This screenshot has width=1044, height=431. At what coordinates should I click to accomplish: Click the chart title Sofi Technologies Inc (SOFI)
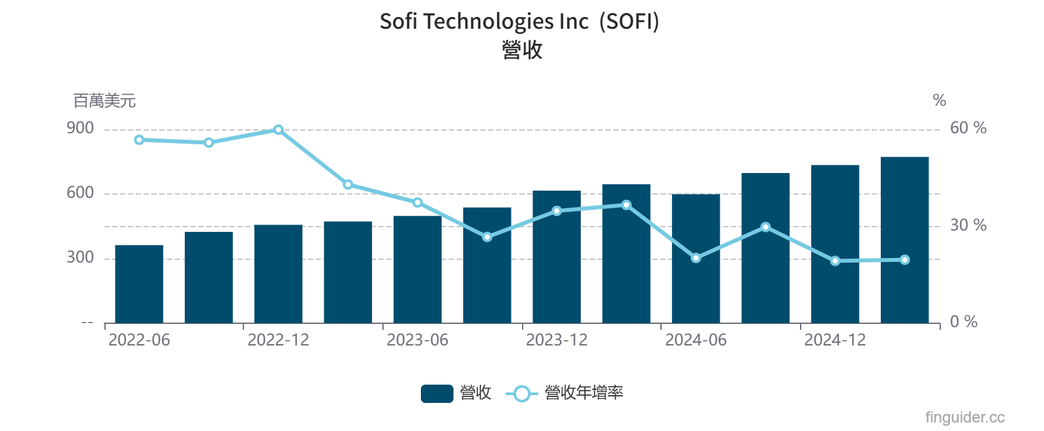(519, 22)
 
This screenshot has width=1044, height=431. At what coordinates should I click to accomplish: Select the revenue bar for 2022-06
(139, 284)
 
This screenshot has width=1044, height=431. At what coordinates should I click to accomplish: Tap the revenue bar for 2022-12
(279, 274)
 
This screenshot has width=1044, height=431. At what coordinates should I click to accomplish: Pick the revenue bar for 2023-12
(557, 257)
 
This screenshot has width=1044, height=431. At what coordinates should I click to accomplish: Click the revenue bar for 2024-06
(696, 259)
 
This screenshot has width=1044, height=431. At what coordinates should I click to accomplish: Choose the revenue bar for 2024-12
(835, 244)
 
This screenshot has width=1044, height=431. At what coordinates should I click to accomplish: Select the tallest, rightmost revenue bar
(904, 240)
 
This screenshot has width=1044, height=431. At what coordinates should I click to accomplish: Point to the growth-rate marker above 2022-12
(279, 130)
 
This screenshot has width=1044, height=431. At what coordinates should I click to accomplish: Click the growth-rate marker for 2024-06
(696, 258)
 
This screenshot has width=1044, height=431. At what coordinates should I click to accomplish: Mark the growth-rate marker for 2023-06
(418, 202)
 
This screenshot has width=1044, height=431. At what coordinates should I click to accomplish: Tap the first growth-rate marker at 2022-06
(139, 140)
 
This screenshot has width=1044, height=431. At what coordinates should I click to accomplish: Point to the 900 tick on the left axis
(80, 128)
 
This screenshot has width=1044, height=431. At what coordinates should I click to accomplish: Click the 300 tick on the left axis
(80, 257)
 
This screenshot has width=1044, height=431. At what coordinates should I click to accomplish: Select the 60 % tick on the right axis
(968, 128)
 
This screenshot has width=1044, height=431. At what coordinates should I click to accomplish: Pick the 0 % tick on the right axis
(963, 322)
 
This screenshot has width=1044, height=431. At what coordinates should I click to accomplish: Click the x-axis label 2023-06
(418, 340)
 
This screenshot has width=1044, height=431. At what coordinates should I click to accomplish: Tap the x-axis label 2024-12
(835, 340)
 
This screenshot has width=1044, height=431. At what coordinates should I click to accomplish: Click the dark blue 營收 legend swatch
(437, 393)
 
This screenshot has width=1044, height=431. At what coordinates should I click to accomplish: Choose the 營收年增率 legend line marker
(521, 393)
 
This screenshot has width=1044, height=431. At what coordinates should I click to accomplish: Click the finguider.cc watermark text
(964, 417)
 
